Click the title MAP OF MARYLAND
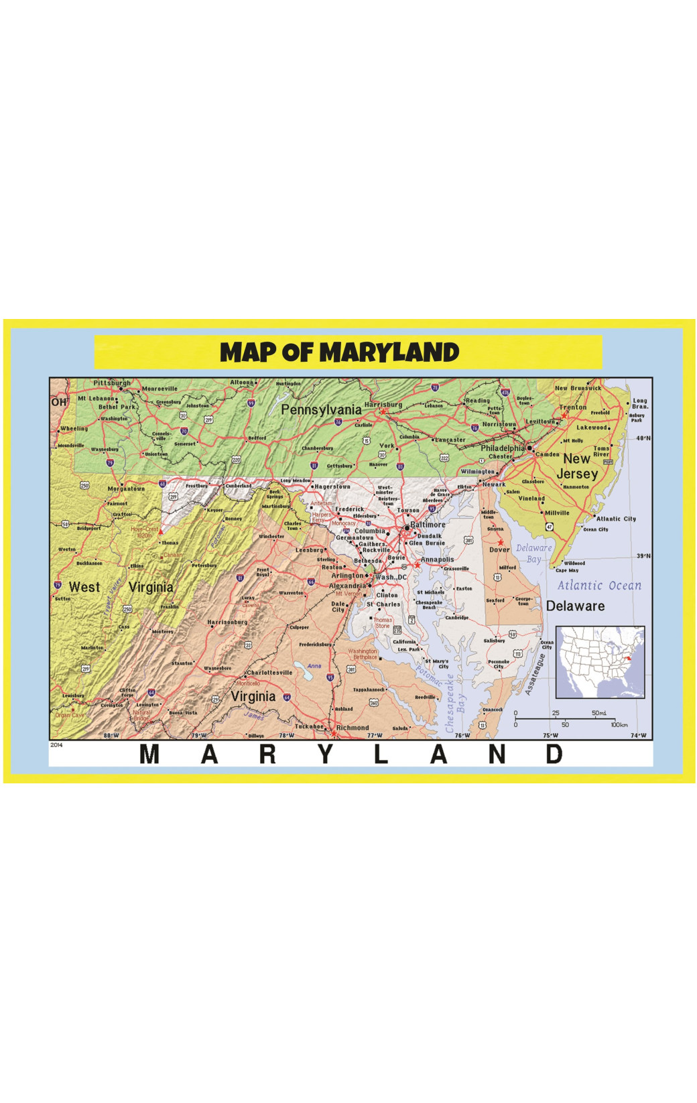point(339,352)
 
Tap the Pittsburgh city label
point(112,383)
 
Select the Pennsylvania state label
point(321,409)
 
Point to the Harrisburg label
point(383,405)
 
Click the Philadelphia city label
point(503,448)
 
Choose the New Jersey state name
point(577,466)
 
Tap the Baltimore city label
point(428,525)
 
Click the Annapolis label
point(437,560)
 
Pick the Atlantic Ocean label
point(599,586)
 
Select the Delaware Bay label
point(533,554)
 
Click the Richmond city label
point(353,728)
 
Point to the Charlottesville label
point(269,673)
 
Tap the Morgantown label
point(126,489)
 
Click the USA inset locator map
point(600,662)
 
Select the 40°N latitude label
point(643,438)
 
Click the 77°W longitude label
point(375,736)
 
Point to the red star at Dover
point(500,542)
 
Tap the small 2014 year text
point(56,744)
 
